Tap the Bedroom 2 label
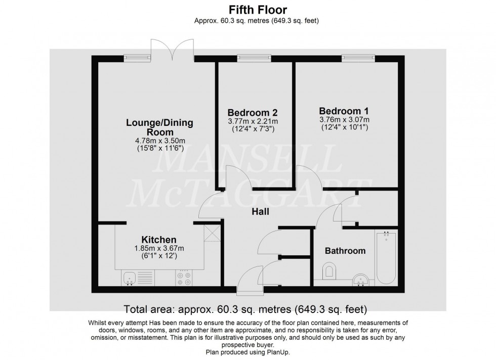(x=253, y=112)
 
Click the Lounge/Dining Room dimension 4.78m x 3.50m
(x=159, y=141)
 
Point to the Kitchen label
(x=158, y=239)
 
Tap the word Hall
(x=260, y=212)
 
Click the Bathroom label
(x=345, y=251)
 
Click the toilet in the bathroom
(x=329, y=272)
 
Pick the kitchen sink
(x=129, y=277)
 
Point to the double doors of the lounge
(x=172, y=51)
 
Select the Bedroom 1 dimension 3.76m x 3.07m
(x=344, y=120)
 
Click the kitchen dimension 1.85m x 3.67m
(x=158, y=248)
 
